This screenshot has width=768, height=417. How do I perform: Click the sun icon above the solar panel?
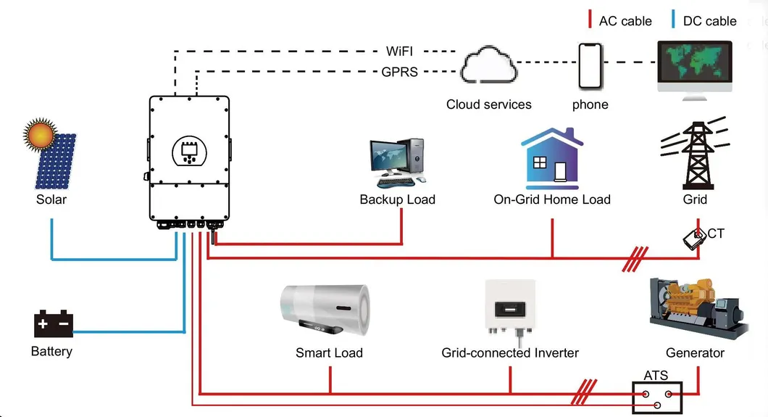point(39,135)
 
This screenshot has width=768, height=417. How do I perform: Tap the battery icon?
point(54,324)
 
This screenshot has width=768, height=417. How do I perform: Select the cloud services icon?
point(488,66)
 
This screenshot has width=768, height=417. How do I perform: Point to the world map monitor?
point(694,67)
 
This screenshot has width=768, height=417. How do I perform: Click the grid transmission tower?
point(694,155)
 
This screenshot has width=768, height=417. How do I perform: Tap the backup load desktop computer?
point(397,161)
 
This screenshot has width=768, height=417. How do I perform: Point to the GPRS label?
point(399,71)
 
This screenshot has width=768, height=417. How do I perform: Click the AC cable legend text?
point(625,21)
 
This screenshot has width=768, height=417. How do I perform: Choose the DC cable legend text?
point(709,21)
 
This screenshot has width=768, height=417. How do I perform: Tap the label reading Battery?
point(51,352)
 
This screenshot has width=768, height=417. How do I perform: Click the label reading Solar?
point(51,199)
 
